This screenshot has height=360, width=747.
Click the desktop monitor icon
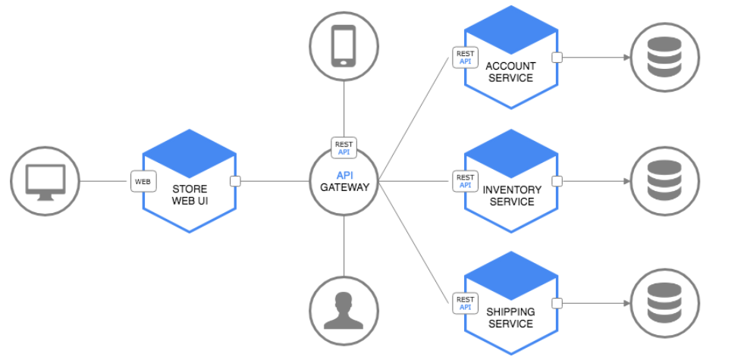[46, 181]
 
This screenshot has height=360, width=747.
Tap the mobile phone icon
[344, 46]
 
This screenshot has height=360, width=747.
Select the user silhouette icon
[344, 311]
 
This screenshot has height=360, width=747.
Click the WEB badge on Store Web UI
[143, 181]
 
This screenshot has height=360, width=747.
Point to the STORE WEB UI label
[190, 196]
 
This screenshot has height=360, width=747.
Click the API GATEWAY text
[344, 181]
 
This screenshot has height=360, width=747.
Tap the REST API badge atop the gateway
[344, 148]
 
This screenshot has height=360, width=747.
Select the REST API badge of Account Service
[465, 58]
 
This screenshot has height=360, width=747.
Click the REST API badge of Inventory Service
[465, 181]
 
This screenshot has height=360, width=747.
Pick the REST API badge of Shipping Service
[465, 303]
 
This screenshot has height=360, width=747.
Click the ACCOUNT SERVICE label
[510, 72]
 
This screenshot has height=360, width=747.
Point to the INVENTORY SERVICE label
[512, 196]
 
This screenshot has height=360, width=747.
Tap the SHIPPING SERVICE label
[510, 318]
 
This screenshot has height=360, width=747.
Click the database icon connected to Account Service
[664, 57]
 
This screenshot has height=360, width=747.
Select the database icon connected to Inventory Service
[664, 181]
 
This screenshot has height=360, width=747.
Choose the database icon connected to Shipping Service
[664, 303]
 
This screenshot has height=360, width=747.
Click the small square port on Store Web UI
[235, 181]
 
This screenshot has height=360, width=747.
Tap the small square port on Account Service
[557, 58]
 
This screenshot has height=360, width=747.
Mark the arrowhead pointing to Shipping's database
[627, 303]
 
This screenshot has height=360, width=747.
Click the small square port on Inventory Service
[557, 181]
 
